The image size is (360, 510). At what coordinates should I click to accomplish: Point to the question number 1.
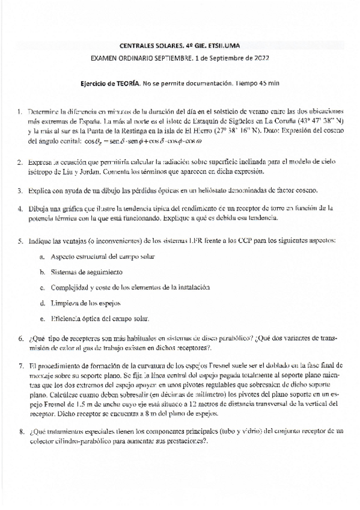(20, 111)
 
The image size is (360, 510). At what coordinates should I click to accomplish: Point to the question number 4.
(20, 208)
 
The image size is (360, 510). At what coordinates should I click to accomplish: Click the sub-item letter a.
(41, 257)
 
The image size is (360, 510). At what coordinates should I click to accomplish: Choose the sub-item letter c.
(41, 287)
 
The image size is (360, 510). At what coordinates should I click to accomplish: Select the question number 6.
(20, 339)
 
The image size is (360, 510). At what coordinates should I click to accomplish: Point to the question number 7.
(20, 365)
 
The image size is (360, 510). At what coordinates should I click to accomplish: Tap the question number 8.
(20, 431)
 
